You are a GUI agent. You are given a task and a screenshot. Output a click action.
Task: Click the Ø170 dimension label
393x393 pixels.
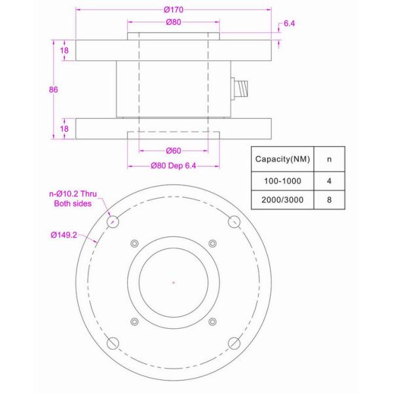[x=173, y=9]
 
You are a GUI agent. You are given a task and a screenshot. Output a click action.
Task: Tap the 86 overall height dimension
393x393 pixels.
[x=54, y=90]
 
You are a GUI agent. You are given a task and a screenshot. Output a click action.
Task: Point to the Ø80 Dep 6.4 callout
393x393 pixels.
[x=173, y=166]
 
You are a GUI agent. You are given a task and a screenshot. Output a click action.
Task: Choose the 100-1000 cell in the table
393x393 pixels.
[x=282, y=179]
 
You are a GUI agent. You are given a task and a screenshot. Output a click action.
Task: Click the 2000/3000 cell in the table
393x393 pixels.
[x=282, y=200]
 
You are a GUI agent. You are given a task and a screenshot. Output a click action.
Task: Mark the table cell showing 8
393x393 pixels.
[x=329, y=200]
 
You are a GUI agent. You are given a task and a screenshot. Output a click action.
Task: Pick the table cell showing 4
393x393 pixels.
[x=329, y=179]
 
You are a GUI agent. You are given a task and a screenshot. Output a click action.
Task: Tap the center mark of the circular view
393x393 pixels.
[x=173, y=282]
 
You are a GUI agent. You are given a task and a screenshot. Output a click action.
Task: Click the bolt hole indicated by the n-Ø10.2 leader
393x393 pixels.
[x=112, y=221]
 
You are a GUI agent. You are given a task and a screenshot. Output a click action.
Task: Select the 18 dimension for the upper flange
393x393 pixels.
[x=64, y=50]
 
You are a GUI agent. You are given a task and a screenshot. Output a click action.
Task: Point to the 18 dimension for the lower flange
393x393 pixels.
[x=64, y=129]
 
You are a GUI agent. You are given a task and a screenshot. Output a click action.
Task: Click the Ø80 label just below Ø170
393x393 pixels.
[x=173, y=22]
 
